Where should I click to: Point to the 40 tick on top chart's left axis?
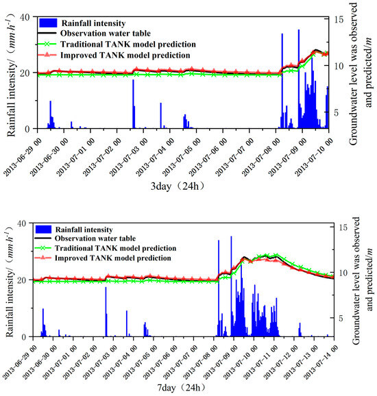(x=25, y=16)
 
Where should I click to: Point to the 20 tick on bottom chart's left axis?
(x=25, y=280)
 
